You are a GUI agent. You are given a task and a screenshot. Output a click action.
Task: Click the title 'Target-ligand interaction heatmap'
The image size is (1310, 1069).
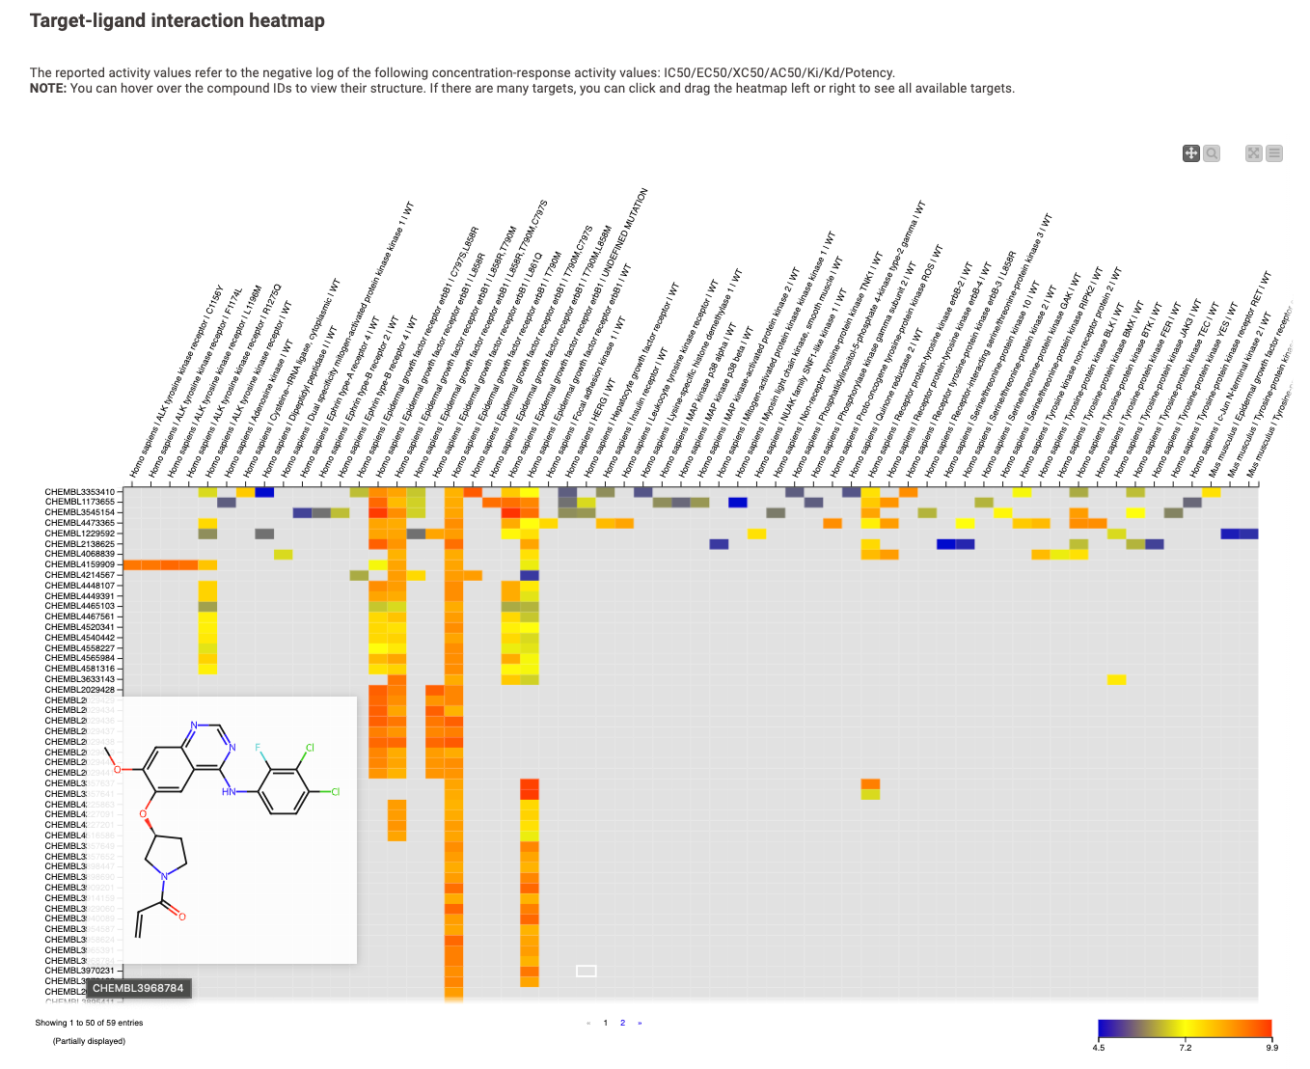click(177, 21)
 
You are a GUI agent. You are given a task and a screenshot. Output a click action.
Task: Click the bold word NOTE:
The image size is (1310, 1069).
click(47, 89)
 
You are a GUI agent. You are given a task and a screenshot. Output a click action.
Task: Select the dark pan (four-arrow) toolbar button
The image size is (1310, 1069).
click(1191, 153)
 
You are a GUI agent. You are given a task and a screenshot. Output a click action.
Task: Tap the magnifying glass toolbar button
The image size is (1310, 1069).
click(1212, 153)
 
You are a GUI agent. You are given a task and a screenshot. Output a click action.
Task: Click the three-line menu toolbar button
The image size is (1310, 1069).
click(1274, 153)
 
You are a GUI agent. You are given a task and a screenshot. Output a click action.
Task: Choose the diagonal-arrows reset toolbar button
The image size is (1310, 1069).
click(1253, 153)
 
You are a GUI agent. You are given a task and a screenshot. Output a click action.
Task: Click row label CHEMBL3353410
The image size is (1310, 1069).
click(79, 492)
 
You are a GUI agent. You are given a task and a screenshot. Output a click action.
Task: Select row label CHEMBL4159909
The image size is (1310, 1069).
click(79, 565)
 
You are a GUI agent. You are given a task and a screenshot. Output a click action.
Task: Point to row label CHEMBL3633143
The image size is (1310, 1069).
click(79, 679)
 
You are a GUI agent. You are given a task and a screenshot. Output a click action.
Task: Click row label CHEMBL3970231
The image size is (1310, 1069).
click(79, 971)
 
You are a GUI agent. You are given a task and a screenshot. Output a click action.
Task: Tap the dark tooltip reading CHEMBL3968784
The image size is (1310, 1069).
click(138, 988)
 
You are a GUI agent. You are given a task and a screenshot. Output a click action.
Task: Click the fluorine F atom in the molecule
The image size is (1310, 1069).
click(259, 748)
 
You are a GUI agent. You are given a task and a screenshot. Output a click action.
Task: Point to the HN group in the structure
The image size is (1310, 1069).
click(229, 792)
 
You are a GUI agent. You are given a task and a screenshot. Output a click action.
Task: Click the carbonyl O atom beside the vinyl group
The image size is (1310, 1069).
click(181, 917)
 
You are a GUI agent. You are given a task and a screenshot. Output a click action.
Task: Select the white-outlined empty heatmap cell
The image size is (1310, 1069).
click(587, 971)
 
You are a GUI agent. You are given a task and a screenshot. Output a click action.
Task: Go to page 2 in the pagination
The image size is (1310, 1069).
click(622, 1023)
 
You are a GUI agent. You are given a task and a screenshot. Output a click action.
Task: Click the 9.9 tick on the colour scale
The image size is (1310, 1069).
click(1271, 1047)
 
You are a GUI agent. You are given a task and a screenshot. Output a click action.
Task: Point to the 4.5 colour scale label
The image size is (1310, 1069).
click(1099, 1047)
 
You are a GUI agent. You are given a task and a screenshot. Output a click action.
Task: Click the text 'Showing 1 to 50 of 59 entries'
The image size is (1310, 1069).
click(89, 1023)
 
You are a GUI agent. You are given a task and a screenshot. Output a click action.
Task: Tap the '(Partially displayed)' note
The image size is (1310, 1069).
click(89, 1041)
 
